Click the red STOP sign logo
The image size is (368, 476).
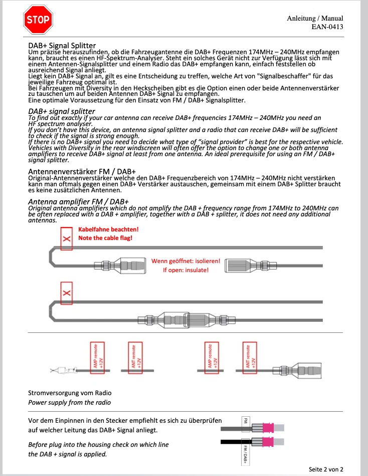click(38, 20)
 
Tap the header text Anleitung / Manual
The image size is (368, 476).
click(315, 18)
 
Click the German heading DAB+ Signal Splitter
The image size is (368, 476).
click(62, 46)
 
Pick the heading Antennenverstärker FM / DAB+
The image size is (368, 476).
click(82, 172)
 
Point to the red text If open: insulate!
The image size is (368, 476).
click(185, 270)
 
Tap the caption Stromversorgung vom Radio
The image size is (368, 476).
click(70, 393)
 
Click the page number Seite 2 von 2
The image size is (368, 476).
click(326, 469)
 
